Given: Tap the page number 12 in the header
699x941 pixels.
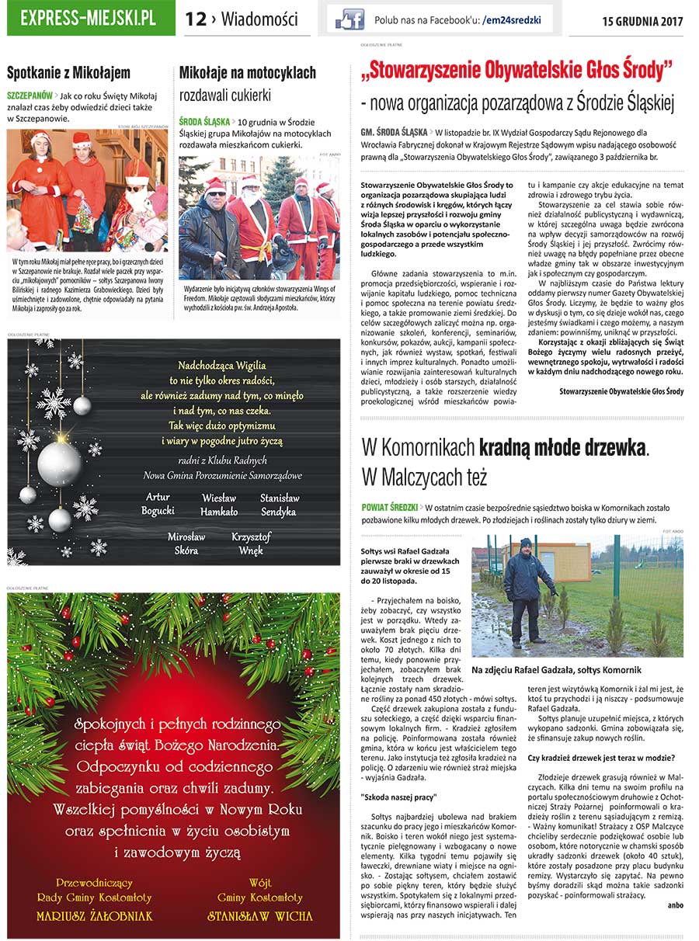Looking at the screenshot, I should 195,20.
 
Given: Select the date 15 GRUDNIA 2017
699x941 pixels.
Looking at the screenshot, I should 642,21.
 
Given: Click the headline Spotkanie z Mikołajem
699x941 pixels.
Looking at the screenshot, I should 68,74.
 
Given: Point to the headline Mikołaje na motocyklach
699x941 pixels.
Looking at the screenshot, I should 247,73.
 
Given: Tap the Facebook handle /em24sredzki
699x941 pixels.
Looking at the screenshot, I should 511,20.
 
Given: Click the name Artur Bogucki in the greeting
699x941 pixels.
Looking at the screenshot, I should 158,504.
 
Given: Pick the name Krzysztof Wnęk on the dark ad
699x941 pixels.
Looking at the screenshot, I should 251,543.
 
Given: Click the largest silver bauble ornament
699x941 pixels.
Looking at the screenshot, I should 59,462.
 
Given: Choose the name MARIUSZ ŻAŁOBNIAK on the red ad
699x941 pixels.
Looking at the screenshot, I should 95,916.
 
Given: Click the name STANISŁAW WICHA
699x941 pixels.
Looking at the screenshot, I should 259,916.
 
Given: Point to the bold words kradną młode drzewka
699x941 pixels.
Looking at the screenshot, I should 563,447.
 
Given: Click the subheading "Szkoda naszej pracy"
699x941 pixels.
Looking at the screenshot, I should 399,797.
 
